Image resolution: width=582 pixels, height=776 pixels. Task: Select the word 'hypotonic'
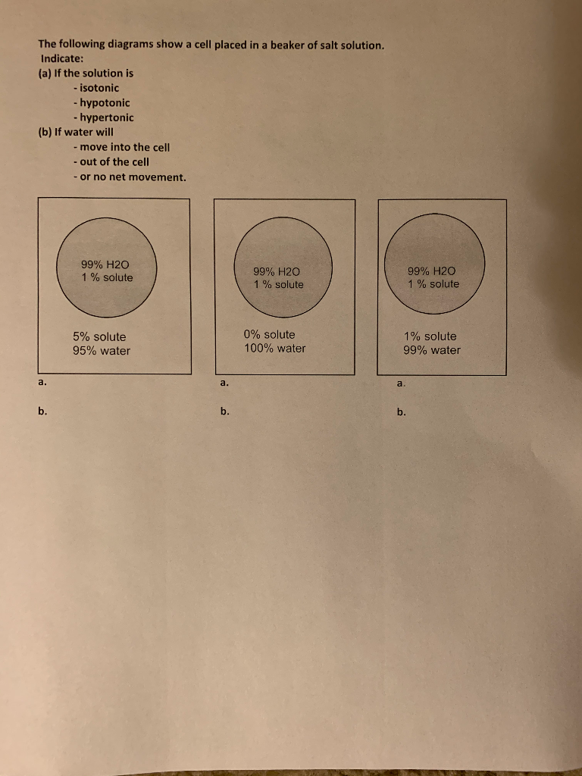click(x=104, y=102)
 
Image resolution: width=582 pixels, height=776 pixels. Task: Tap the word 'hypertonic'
click(x=106, y=117)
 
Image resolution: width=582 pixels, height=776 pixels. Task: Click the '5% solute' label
click(x=99, y=336)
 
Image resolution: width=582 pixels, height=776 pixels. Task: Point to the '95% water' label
click(x=102, y=351)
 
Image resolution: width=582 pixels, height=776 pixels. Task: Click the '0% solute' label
click(x=270, y=334)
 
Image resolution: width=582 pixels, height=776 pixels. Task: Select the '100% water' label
click(x=275, y=349)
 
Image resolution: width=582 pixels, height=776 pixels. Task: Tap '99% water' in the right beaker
click(x=432, y=350)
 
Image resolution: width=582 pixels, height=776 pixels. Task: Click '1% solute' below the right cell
click(x=430, y=336)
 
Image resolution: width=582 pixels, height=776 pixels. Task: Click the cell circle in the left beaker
click(x=107, y=270)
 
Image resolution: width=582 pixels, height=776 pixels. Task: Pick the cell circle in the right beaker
click(x=434, y=264)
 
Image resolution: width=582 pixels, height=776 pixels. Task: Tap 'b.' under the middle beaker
click(x=224, y=412)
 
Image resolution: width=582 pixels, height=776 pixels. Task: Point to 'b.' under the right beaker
click(x=401, y=413)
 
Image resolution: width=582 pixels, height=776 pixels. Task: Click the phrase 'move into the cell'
click(x=124, y=147)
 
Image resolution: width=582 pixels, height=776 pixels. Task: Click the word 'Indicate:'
click(x=62, y=58)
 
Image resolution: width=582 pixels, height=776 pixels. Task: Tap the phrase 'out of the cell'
click(x=114, y=161)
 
